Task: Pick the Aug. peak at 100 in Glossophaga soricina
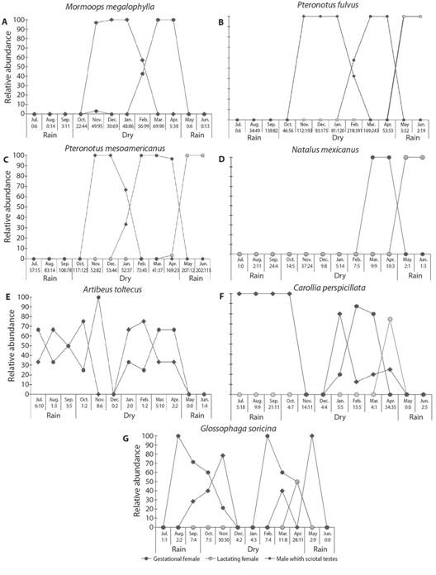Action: click(178, 435)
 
